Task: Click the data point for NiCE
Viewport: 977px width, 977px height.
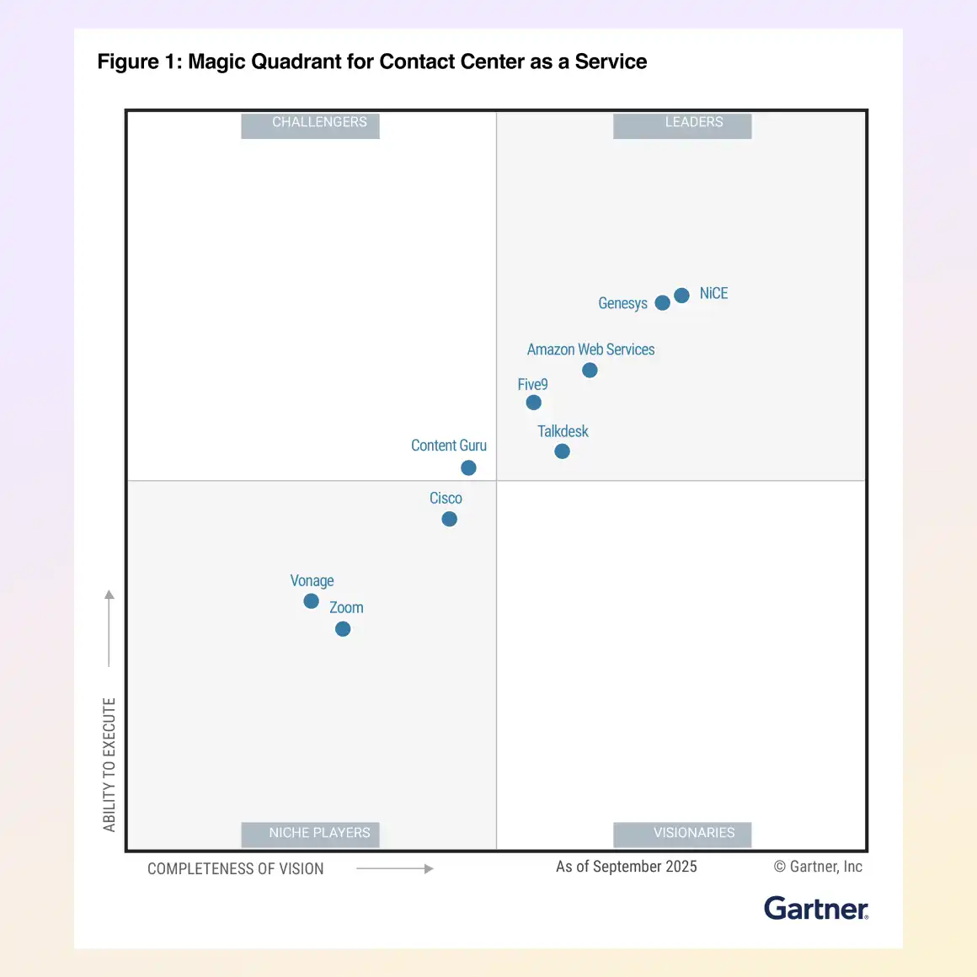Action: pos(681,295)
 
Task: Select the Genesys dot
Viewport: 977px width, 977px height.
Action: pos(662,302)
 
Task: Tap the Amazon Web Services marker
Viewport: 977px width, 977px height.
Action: pos(590,370)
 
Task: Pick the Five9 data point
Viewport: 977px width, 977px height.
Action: pos(533,403)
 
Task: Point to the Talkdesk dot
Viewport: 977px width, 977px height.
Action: pos(562,451)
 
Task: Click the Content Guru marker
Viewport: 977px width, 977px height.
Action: pos(468,467)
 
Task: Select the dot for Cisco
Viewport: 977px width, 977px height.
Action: pos(449,519)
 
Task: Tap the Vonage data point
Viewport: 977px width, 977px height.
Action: pos(311,601)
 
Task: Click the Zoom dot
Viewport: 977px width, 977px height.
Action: pos(343,628)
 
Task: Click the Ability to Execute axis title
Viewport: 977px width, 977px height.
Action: pos(109,764)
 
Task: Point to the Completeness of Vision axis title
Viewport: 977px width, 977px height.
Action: pos(235,868)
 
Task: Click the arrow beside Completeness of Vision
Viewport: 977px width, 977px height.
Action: pos(394,868)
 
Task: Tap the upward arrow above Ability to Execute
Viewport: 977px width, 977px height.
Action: pos(109,627)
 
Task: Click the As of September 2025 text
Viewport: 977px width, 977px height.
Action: pos(626,867)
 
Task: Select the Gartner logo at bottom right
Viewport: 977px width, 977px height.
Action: pos(815,908)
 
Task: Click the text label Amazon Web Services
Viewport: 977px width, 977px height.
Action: pos(590,350)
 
